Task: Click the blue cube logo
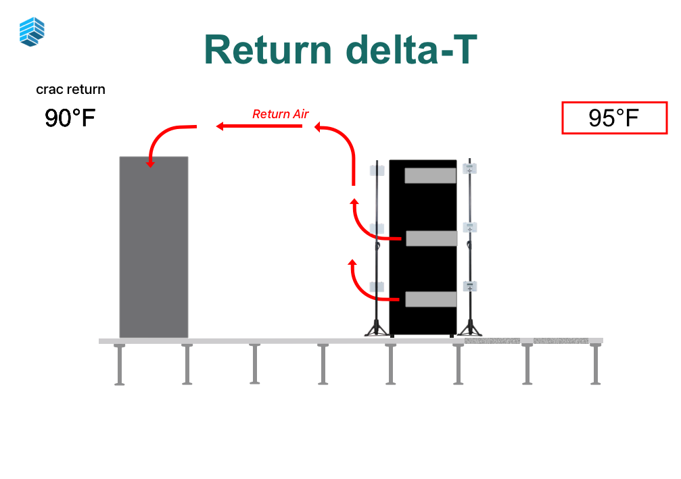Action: pyautogui.click(x=32, y=32)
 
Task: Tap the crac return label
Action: pyautogui.click(x=70, y=89)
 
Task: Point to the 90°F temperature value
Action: pyautogui.click(x=70, y=118)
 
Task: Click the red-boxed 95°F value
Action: pyautogui.click(x=614, y=118)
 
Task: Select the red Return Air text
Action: pyautogui.click(x=280, y=114)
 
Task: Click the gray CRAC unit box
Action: pyautogui.click(x=154, y=247)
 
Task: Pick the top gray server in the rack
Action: pyautogui.click(x=430, y=176)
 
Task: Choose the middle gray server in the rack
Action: pyautogui.click(x=431, y=238)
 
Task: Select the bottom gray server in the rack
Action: pyautogui.click(x=431, y=299)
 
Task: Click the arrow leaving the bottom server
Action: pyautogui.click(x=369, y=288)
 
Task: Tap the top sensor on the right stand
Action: pyautogui.click(x=470, y=168)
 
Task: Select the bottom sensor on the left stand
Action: pyautogui.click(x=377, y=286)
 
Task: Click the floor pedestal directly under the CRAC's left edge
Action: pyautogui.click(x=120, y=364)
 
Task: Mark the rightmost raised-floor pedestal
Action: pyautogui.click(x=595, y=364)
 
